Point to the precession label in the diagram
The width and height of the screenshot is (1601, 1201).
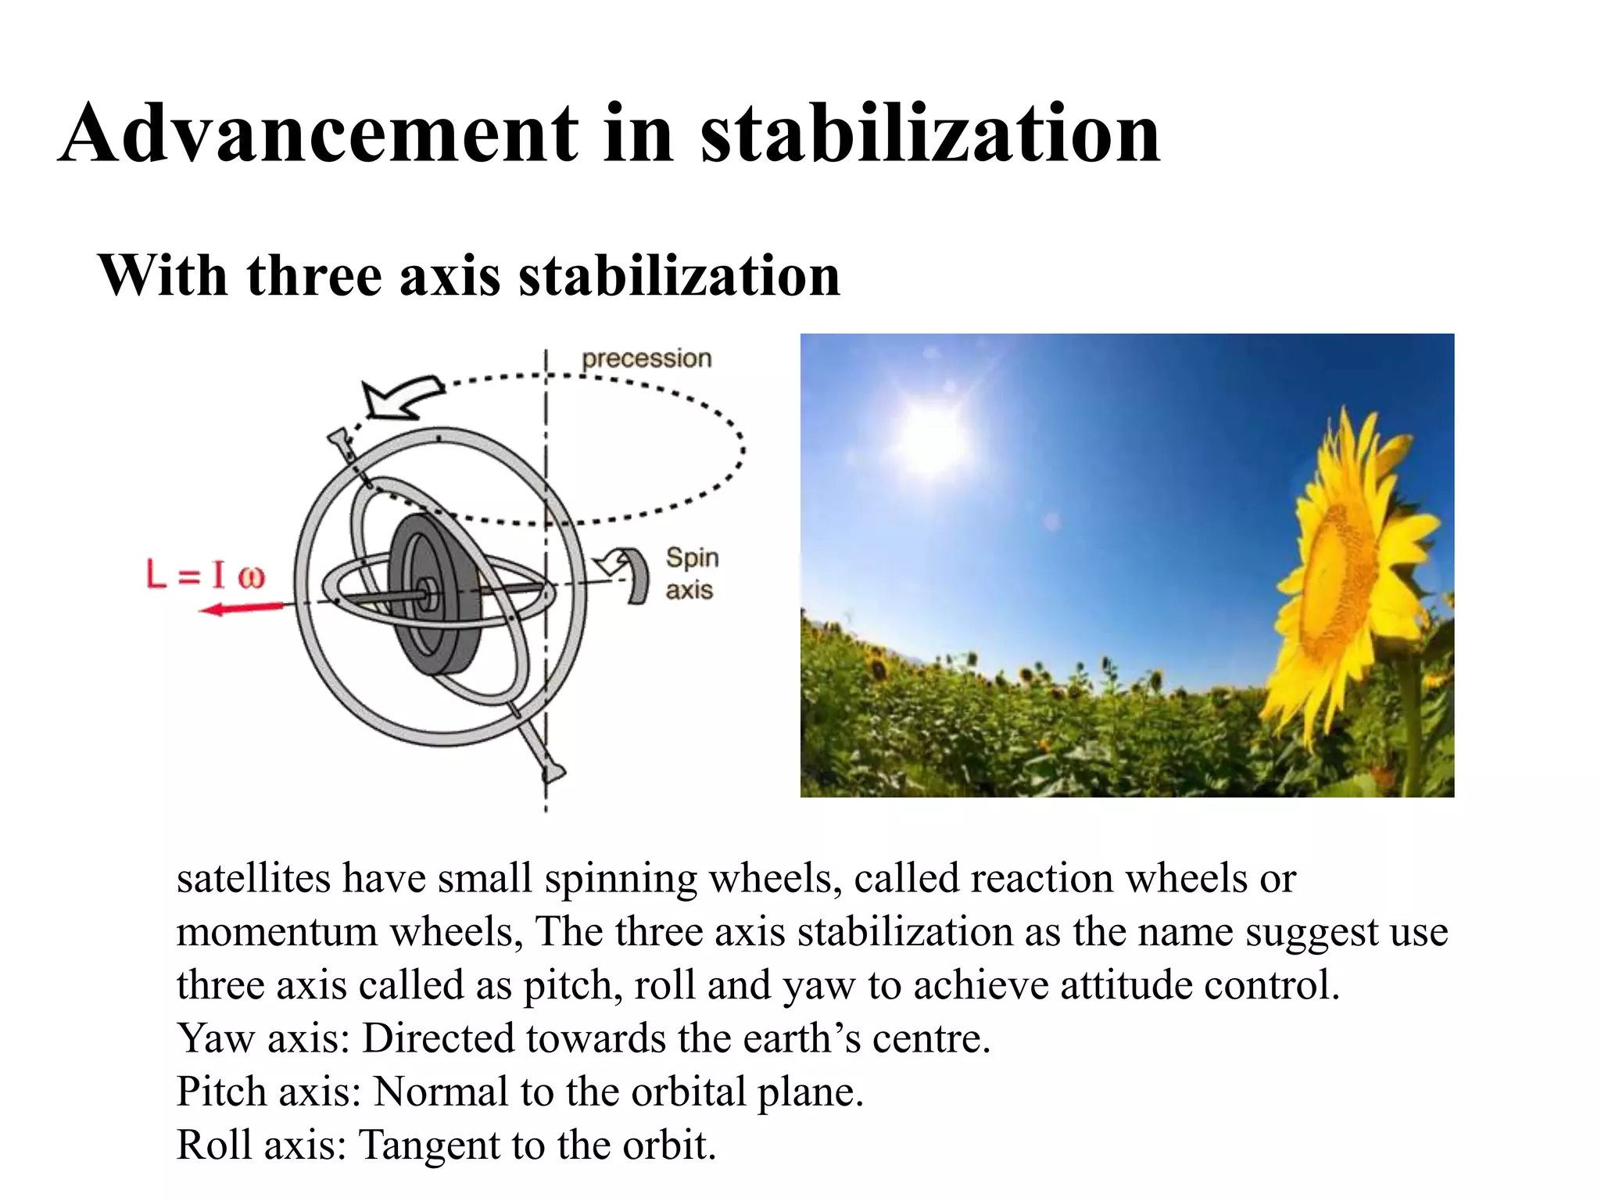646,359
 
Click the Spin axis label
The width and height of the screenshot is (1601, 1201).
691,574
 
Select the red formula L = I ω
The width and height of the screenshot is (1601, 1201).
206,576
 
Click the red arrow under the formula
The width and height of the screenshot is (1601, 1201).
242,608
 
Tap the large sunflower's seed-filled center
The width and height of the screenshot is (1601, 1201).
1337,579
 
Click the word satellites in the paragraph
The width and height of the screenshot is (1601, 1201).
253,878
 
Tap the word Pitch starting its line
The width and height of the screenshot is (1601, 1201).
221,1092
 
